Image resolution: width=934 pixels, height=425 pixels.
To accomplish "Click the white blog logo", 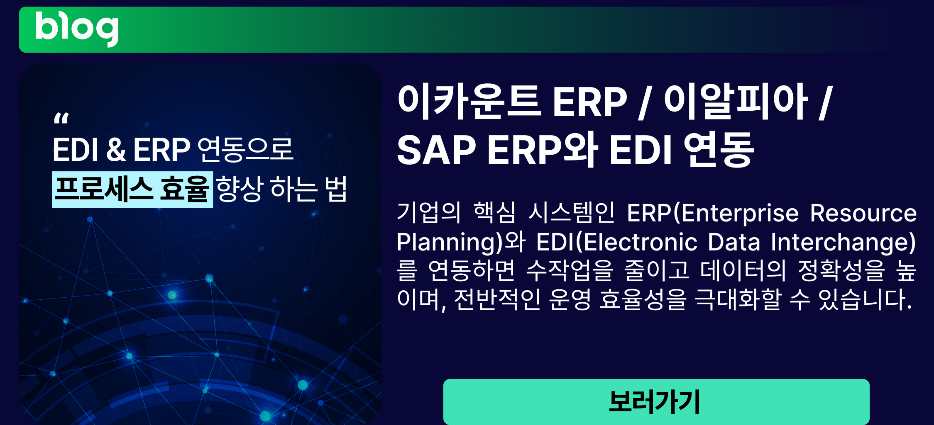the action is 77,29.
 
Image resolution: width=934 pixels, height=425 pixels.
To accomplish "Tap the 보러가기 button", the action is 656,401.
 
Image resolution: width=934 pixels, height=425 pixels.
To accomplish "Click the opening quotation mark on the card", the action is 61,119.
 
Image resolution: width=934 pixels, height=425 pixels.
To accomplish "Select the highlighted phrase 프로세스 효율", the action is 132,189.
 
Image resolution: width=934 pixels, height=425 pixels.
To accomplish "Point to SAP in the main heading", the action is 436,150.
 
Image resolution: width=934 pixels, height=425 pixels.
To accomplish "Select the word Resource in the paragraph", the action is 863,213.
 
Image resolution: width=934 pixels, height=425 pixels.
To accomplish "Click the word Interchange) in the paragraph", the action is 843,243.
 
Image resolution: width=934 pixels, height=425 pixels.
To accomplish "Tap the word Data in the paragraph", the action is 734,242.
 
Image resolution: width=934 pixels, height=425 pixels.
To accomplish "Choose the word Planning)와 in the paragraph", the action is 461,243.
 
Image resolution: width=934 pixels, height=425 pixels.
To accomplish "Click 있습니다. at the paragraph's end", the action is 865,299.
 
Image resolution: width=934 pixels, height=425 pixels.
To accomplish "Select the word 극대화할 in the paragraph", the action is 738,299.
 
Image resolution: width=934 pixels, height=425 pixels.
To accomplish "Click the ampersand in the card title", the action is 116,150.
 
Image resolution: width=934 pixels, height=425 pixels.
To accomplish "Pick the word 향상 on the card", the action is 240,189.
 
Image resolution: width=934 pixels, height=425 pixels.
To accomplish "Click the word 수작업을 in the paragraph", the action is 570,270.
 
